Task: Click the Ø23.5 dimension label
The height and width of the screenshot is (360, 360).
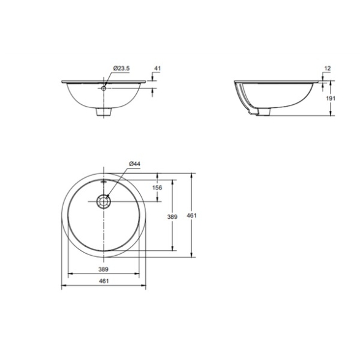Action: point(121,68)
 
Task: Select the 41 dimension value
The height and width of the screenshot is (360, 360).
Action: point(157,68)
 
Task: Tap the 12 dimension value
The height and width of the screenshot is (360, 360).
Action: point(327,68)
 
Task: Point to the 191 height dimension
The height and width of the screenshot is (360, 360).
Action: point(331,98)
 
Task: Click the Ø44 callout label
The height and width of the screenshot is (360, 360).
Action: point(134,164)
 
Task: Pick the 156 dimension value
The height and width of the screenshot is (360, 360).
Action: point(157,188)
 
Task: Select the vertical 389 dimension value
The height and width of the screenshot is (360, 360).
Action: point(172,216)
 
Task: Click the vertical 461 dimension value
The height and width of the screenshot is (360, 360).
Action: point(192,215)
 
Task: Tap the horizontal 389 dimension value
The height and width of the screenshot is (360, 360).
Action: point(103,269)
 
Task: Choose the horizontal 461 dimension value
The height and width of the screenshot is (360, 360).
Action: point(104,281)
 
